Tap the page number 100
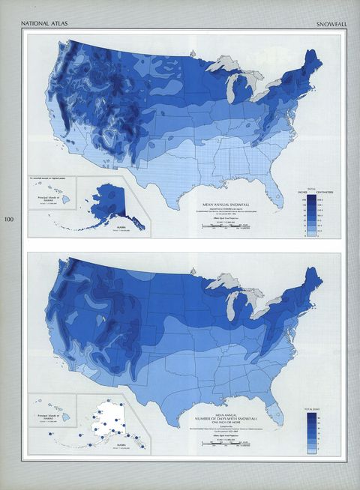9,220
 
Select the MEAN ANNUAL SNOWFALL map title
224,203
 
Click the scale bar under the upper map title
225,226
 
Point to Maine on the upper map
314,61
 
